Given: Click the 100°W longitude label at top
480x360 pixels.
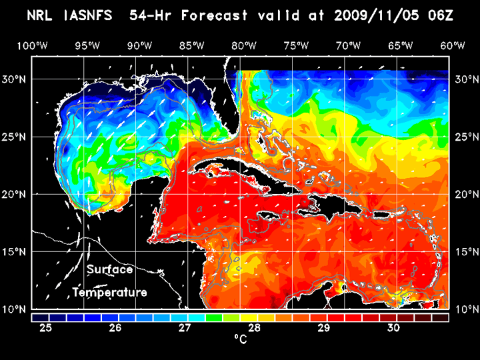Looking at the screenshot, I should pyautogui.click(x=32, y=45).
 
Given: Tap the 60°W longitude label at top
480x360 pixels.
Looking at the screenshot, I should pyautogui.click(x=453, y=45).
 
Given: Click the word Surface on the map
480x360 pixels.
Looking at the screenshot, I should pyautogui.click(x=109, y=270).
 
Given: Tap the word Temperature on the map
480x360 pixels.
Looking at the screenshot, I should pyautogui.click(x=109, y=292).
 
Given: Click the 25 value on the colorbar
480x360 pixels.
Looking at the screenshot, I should pyautogui.click(x=46, y=328).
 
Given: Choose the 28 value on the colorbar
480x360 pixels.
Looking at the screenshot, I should pyautogui.click(x=254, y=328).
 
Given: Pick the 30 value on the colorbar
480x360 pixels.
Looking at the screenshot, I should pyautogui.click(x=393, y=328).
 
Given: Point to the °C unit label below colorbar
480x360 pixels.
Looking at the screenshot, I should pyautogui.click(x=240, y=340).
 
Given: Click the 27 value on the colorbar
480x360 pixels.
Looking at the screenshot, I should pyautogui.click(x=185, y=328).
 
